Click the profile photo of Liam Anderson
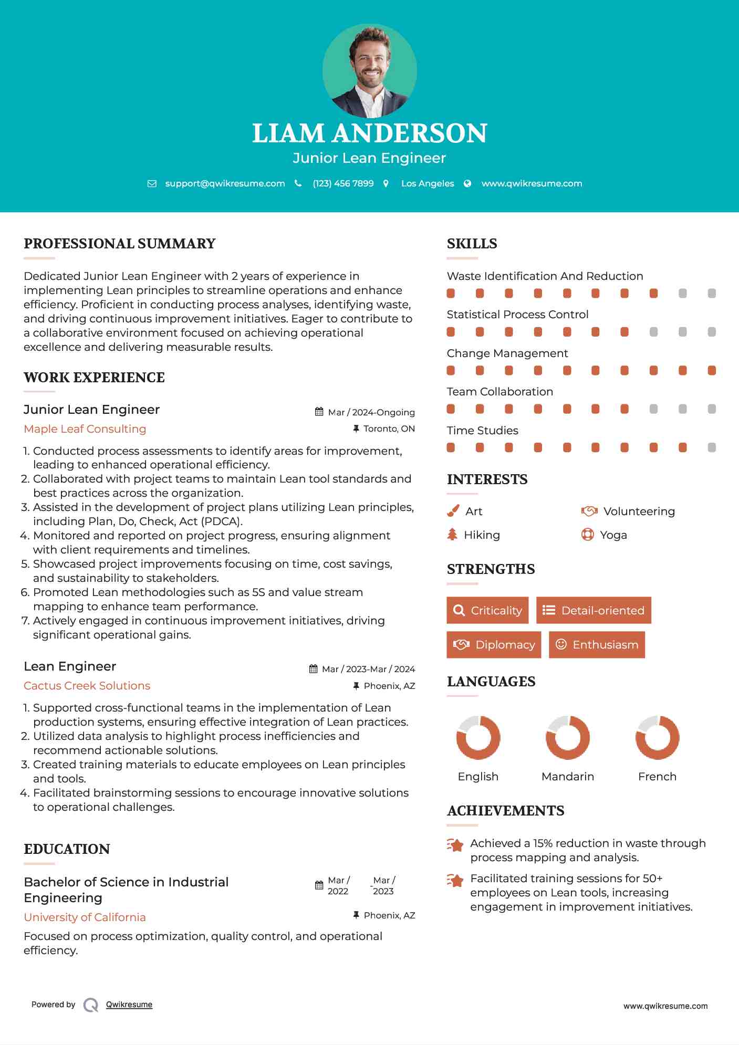click(369, 70)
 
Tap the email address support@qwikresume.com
click(225, 183)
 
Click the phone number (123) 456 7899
click(343, 183)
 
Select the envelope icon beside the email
click(152, 184)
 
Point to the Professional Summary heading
click(120, 244)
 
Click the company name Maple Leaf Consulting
click(85, 429)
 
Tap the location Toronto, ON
click(389, 429)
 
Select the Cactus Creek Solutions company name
click(87, 686)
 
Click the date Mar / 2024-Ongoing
click(371, 412)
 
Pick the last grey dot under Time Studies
click(712, 447)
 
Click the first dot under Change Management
click(451, 371)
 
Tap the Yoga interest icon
click(588, 535)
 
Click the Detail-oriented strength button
click(594, 610)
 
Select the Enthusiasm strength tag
click(597, 644)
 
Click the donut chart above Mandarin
click(568, 737)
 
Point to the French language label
click(657, 776)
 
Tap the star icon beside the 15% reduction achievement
click(455, 845)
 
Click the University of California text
click(85, 917)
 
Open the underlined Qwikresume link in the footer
click(129, 1005)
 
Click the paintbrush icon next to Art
click(453, 511)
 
